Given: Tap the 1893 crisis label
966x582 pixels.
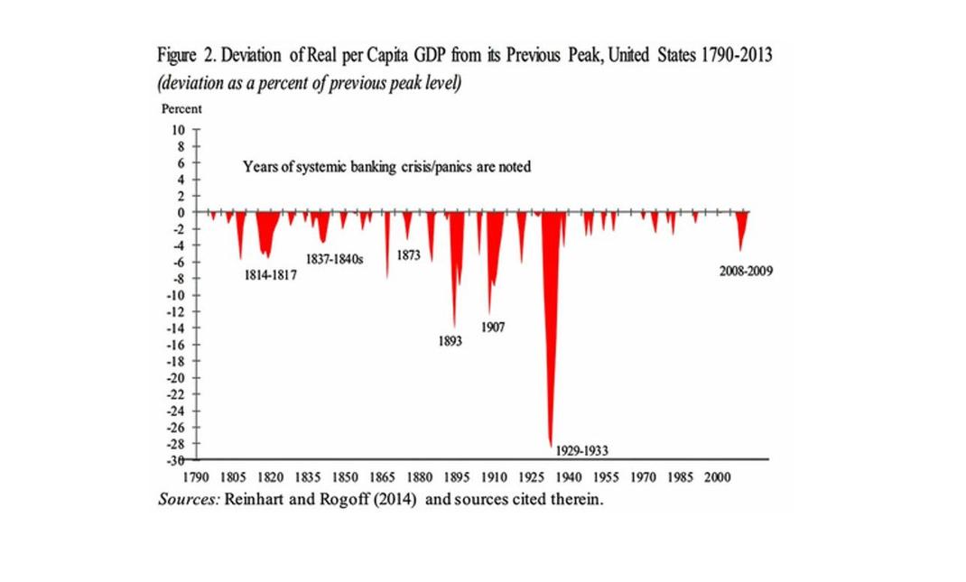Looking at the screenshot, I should pos(450,342).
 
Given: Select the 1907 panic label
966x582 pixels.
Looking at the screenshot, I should pos(492,328).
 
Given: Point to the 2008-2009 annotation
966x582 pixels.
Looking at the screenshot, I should pos(746,271).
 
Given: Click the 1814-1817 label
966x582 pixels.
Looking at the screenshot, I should pos(271,274).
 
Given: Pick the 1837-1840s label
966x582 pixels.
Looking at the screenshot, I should pos(334,258).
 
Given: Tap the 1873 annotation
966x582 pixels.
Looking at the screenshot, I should pos(408,255).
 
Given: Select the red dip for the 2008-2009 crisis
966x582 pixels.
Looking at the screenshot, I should pos(741,230).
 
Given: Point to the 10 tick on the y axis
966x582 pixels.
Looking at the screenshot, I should pos(179,129).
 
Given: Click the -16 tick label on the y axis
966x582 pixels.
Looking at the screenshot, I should pos(176,345).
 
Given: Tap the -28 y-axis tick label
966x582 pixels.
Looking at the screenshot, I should pos(176,444).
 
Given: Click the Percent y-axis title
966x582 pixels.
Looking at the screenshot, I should pos(181,108).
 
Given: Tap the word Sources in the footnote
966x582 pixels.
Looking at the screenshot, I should pos(188,499).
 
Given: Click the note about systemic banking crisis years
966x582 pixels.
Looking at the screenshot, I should pos(386,166).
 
